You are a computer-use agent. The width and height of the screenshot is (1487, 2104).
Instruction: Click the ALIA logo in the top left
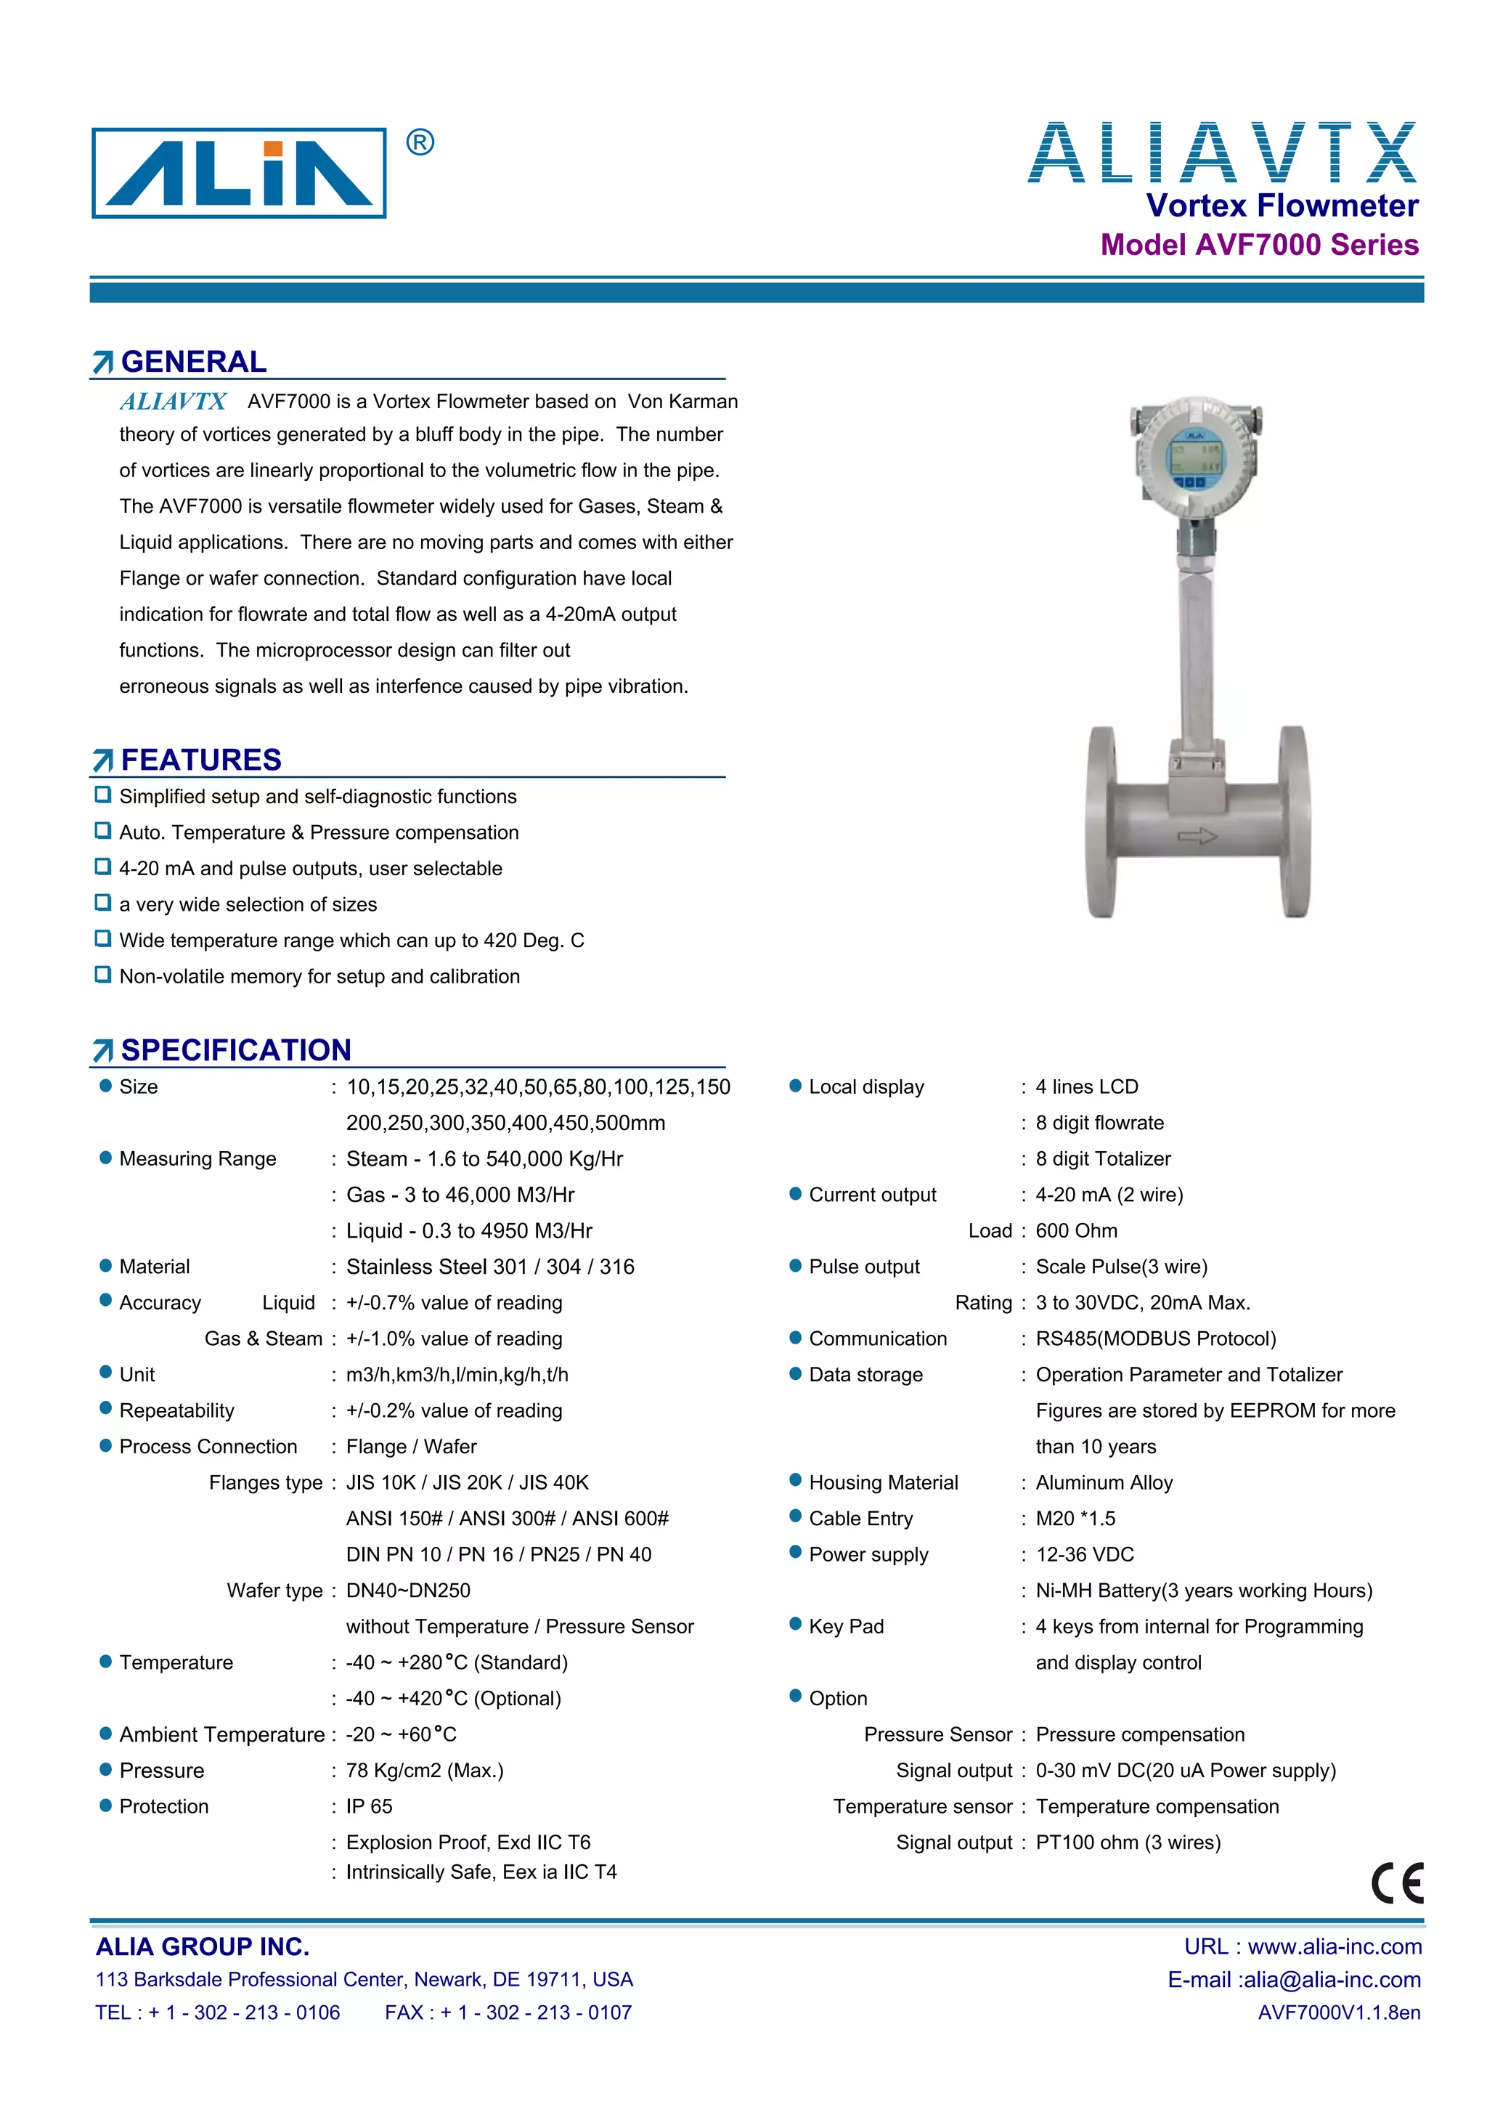click(x=239, y=173)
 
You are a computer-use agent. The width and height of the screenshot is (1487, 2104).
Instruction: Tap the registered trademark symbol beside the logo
click(x=420, y=143)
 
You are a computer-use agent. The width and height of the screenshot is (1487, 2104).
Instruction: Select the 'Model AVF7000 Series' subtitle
click(x=1259, y=245)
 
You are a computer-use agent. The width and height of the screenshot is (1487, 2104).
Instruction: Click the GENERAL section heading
click(x=193, y=362)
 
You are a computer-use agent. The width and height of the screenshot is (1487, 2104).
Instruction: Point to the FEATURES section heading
click(x=200, y=760)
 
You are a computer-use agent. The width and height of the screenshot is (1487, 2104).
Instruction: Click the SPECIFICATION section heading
click(x=235, y=1049)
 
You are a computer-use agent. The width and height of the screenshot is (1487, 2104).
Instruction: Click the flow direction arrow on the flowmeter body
click(x=1197, y=836)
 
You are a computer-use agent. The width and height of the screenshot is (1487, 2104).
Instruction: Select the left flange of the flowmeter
click(x=1101, y=822)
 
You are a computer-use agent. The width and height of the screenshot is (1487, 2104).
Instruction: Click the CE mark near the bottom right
click(x=1397, y=1884)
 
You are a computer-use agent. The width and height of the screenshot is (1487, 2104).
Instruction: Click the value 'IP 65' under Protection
click(x=370, y=1806)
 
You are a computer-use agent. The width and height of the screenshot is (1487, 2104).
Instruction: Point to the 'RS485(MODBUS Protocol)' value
click(x=1155, y=1339)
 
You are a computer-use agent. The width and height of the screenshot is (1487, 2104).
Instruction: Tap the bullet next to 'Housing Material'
click(x=795, y=1481)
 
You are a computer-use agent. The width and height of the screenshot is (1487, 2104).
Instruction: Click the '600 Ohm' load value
click(x=1077, y=1231)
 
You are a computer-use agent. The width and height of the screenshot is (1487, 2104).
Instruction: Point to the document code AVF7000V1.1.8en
click(x=1339, y=2012)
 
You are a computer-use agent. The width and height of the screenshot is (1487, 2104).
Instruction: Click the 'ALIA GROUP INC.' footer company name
click(x=203, y=1946)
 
